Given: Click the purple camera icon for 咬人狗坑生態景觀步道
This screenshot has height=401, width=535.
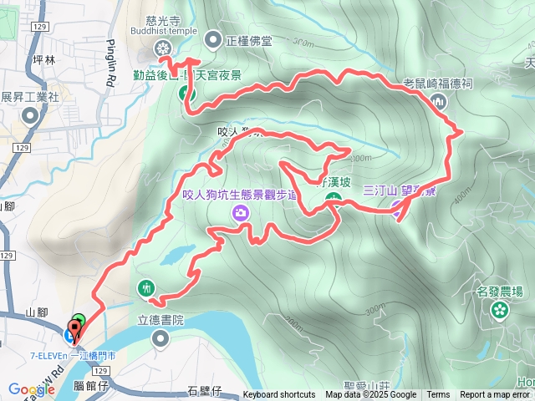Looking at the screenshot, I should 241,214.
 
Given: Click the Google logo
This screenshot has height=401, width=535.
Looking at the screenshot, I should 31,389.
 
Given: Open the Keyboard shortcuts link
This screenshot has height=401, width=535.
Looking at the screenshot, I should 279,395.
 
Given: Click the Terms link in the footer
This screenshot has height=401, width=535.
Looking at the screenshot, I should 438,395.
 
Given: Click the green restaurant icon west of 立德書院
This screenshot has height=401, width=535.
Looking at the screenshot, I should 147,288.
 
